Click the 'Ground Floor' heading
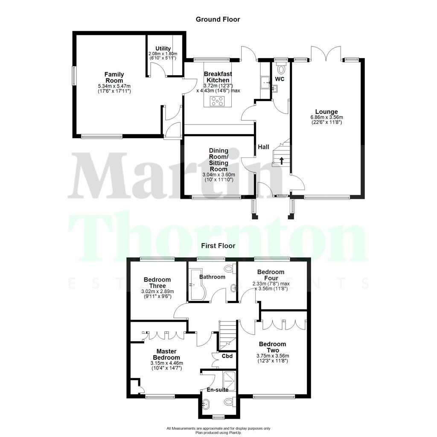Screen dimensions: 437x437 [218, 19]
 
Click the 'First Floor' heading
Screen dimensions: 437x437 [218, 246]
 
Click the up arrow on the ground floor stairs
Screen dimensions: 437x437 [282, 160]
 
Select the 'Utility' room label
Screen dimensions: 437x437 [163, 49]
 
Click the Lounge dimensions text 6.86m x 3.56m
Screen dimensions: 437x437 [327, 117]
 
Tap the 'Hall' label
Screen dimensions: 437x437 [263, 147]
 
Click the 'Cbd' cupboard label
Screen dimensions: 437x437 [227, 356]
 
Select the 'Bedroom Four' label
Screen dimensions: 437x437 [271, 275]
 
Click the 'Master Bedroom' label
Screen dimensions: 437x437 [166, 354]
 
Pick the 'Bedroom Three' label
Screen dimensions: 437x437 [157, 283]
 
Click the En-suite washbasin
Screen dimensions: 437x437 [207, 403]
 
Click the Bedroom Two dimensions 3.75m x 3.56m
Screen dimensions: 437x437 [272, 356]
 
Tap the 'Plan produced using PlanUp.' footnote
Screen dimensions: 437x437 [218, 433]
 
